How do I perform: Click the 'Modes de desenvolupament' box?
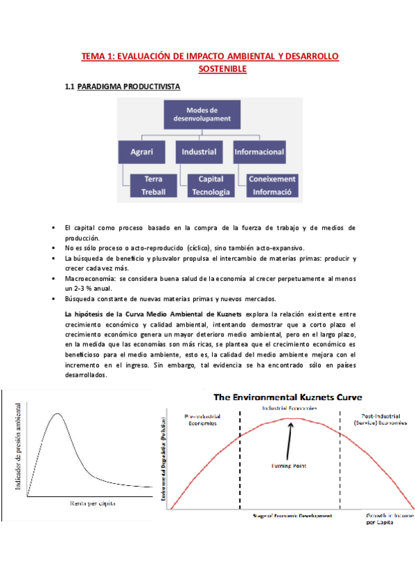(202, 115)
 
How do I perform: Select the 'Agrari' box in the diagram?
(142, 151)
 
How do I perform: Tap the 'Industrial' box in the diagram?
(199, 151)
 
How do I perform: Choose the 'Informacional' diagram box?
(259, 151)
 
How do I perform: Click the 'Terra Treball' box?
(153, 185)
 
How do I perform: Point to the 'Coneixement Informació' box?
(272, 185)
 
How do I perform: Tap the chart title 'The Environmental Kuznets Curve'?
(289, 398)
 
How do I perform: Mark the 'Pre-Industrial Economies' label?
(202, 419)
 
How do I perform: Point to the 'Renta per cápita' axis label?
(93, 503)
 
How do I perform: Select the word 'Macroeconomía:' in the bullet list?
(86, 278)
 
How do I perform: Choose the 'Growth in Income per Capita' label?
(385, 518)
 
